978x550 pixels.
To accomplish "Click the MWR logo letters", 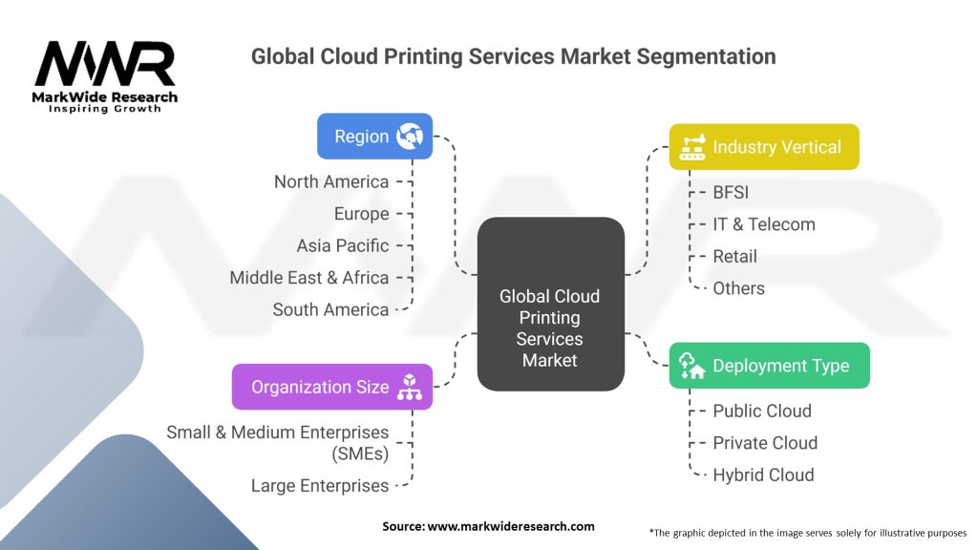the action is [x=105, y=63].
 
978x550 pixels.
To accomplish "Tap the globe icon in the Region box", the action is [x=410, y=136].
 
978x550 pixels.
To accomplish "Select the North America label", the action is [x=331, y=181].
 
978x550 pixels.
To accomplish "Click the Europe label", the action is [x=361, y=214].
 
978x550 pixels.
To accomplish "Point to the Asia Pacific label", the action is [x=343, y=245].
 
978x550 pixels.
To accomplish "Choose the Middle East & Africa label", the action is [x=308, y=278].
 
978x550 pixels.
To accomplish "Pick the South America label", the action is [x=330, y=309].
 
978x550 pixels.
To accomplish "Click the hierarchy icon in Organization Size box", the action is [x=409, y=387].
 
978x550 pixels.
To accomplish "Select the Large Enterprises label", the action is [x=319, y=485].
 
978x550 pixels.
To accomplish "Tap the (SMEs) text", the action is [x=360, y=454].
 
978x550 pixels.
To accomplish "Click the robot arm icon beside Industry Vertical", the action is [x=691, y=147].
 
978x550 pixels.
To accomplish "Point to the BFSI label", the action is [x=731, y=192].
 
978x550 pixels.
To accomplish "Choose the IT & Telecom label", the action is [x=764, y=223].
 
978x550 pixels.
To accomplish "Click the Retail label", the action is [x=734, y=256].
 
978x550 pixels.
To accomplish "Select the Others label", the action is [x=738, y=288].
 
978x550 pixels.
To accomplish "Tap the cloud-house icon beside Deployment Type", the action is [x=691, y=366].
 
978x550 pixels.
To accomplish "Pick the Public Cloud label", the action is [x=762, y=411].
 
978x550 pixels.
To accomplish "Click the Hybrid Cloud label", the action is [x=763, y=476].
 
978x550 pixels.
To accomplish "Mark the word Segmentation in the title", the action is [x=706, y=56].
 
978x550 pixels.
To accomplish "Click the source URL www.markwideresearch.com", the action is [x=511, y=526].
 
